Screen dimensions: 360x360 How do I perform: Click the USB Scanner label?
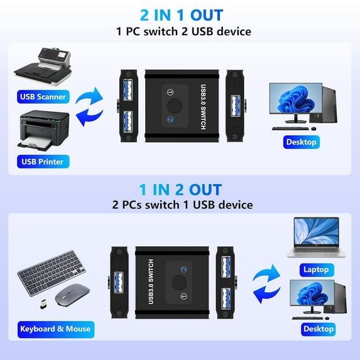tap(43, 97)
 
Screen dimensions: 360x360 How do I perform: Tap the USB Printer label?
tap(43, 161)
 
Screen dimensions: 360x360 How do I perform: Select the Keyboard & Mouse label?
tap(55, 328)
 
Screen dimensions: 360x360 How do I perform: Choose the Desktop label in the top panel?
tap(301, 142)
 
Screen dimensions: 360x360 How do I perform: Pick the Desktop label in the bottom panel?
tap(318, 328)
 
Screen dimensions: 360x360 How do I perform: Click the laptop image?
tap(317, 239)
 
